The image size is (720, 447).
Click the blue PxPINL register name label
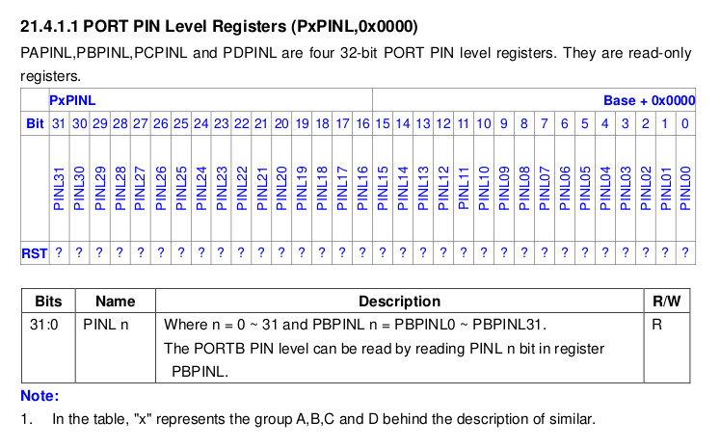click(72, 100)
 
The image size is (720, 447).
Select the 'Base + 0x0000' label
click(649, 100)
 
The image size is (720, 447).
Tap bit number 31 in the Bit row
click(59, 123)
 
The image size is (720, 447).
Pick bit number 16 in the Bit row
click(362, 123)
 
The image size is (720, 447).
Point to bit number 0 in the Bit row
click(684, 123)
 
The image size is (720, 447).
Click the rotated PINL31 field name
click(59, 188)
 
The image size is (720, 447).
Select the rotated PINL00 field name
click(685, 188)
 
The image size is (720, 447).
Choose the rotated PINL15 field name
click(383, 188)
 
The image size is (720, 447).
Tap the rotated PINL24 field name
click(200, 188)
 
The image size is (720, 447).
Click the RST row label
click(35, 253)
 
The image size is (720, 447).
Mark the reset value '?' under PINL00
click(685, 253)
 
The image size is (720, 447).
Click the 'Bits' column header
click(47, 302)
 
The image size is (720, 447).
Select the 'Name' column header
click(115, 302)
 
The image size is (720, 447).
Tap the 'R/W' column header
click(666, 302)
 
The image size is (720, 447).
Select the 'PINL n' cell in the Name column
click(106, 325)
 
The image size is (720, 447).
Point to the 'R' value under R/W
click(656, 325)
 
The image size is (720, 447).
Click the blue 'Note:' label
click(40, 396)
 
